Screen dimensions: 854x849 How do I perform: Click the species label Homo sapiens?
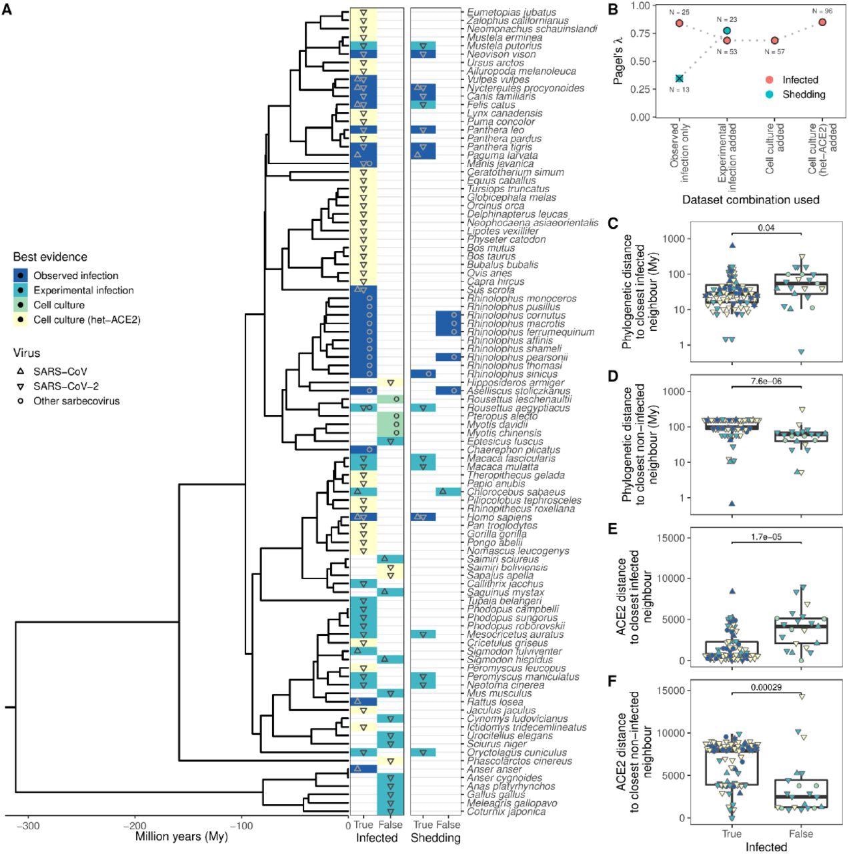[500, 517]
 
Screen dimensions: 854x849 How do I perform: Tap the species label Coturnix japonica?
[506, 811]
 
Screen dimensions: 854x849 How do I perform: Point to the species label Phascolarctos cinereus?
[520, 761]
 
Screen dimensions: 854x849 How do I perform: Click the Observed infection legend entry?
[75, 276]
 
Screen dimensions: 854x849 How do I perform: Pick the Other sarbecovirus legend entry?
[76, 401]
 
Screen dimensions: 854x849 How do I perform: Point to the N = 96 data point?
[822, 22]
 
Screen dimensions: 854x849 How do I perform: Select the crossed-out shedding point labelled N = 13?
[679, 79]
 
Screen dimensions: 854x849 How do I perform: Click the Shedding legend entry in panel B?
[804, 95]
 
